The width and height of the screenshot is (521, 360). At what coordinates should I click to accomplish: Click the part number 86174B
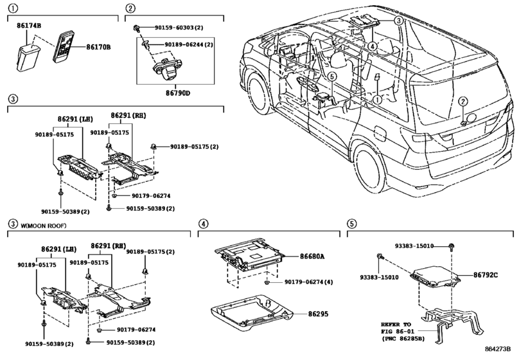click(30, 25)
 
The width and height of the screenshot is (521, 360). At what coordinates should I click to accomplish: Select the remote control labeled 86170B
click(64, 46)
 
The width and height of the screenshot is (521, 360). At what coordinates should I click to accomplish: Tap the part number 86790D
click(178, 93)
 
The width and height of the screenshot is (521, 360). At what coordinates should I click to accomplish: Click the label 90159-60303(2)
click(179, 28)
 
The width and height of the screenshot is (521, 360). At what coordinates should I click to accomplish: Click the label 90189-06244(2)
click(189, 44)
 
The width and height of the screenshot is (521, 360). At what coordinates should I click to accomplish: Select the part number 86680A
click(312, 256)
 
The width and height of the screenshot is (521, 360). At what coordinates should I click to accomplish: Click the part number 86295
click(318, 314)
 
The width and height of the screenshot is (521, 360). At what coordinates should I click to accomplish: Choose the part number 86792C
click(486, 275)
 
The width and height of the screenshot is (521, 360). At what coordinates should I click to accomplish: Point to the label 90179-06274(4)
click(308, 282)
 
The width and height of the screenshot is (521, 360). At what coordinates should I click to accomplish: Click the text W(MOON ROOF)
click(44, 226)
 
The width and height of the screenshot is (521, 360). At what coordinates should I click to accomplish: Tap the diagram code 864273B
click(497, 348)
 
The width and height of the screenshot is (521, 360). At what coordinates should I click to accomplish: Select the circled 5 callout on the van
click(331, 76)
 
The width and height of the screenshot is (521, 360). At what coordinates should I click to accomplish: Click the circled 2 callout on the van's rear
click(463, 102)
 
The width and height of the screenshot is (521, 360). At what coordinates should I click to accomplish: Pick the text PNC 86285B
click(403, 339)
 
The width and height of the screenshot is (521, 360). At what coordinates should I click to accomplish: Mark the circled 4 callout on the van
click(373, 46)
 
